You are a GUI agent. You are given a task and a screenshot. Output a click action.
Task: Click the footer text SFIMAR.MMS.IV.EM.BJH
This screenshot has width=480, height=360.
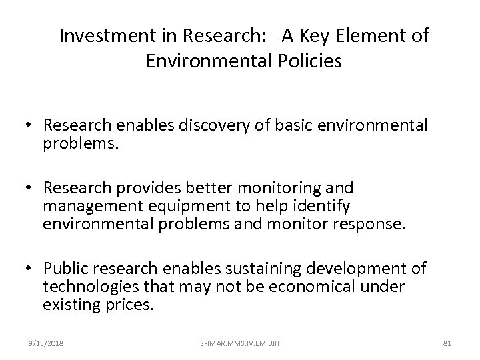click(239, 343)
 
